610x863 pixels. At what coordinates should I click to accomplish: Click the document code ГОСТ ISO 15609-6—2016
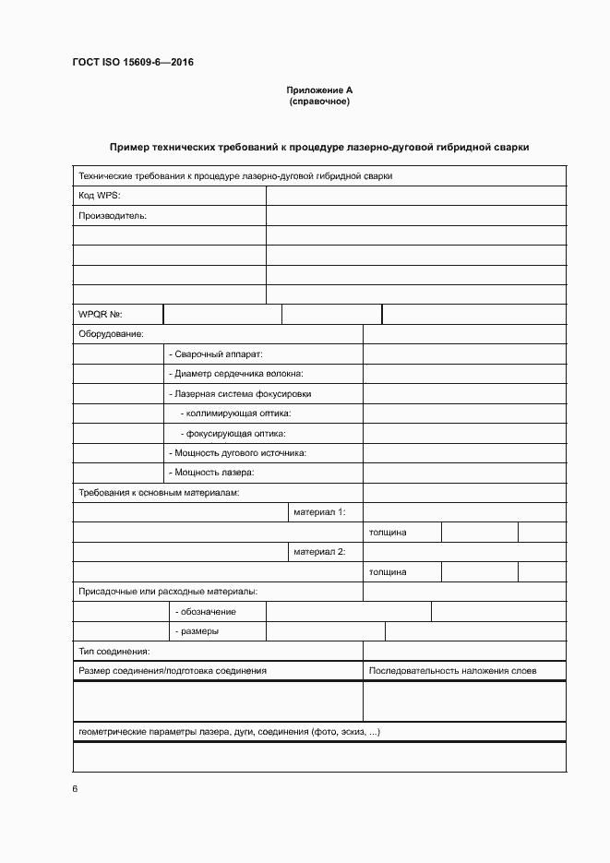point(133,63)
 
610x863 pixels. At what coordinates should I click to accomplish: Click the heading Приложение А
point(319,90)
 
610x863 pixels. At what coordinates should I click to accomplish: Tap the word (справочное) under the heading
point(319,102)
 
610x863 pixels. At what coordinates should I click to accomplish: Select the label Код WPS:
point(100,195)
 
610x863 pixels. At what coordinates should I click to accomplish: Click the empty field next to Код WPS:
point(415,195)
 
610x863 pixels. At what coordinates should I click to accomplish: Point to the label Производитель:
point(113,215)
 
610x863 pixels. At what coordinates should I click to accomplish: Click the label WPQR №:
point(102,315)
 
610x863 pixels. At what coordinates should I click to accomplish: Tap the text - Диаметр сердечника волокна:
point(236,374)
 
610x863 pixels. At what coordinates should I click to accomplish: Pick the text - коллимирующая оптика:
point(235,414)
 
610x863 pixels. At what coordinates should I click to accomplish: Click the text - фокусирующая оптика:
point(233,434)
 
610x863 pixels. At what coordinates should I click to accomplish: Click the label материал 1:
point(319,512)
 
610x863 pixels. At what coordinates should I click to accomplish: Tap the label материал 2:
point(319,552)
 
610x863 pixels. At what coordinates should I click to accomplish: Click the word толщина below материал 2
point(388,572)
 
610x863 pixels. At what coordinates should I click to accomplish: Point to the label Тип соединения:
point(115,652)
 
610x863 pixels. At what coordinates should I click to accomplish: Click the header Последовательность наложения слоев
point(452,671)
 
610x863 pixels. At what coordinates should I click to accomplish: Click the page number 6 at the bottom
point(75,789)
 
